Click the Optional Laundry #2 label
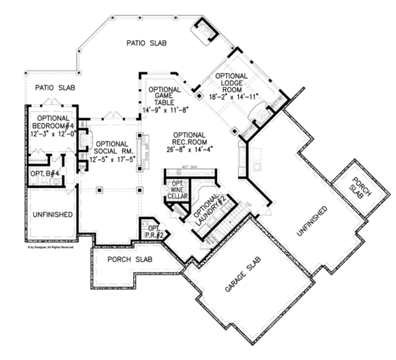[210, 211]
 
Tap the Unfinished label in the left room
[51, 215]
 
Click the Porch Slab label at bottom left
[129, 259]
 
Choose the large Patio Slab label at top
[147, 44]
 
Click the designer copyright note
[50, 247]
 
